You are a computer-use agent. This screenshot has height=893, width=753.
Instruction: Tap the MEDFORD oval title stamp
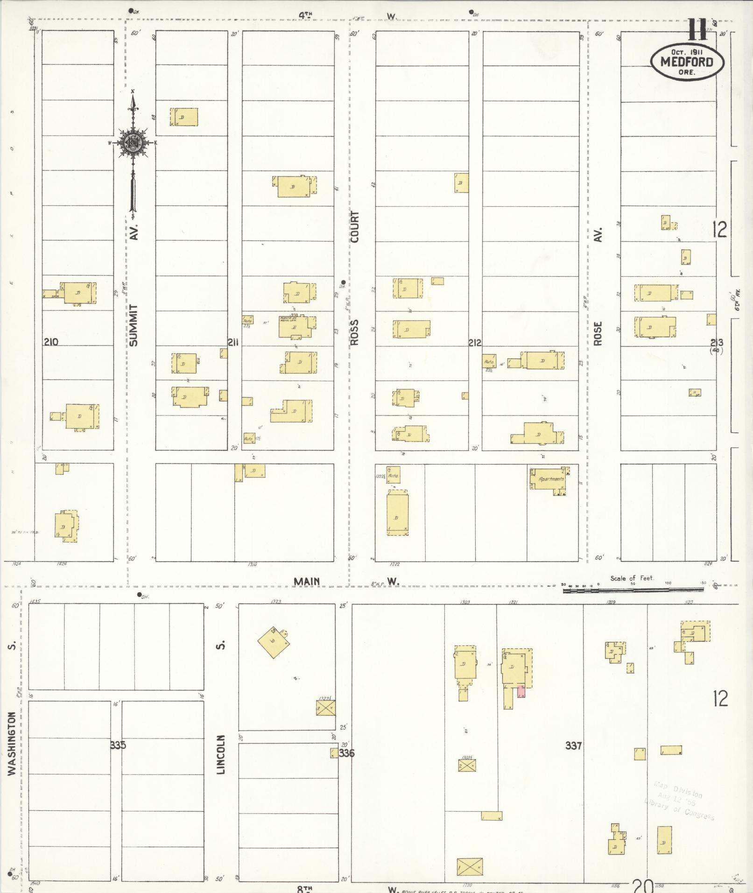pos(687,62)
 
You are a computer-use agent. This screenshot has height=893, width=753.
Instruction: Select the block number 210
pos(51,342)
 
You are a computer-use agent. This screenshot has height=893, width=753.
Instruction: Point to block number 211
pos(233,343)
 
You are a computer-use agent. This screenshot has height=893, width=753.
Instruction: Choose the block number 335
pos(118,745)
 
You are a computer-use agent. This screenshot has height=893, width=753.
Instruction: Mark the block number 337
pos(573,745)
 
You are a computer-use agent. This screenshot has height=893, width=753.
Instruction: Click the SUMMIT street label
pos(134,325)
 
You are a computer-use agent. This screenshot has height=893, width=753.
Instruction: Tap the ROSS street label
pos(355,332)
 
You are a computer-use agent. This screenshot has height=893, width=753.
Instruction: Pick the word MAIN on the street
pos(307,581)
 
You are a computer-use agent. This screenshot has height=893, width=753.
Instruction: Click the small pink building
pos(521,691)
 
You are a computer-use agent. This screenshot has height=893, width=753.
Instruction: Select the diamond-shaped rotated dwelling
pos(273,642)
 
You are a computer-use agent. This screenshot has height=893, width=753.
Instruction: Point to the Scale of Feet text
pos(632,578)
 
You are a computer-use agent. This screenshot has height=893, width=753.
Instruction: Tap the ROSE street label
pos(598,333)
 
